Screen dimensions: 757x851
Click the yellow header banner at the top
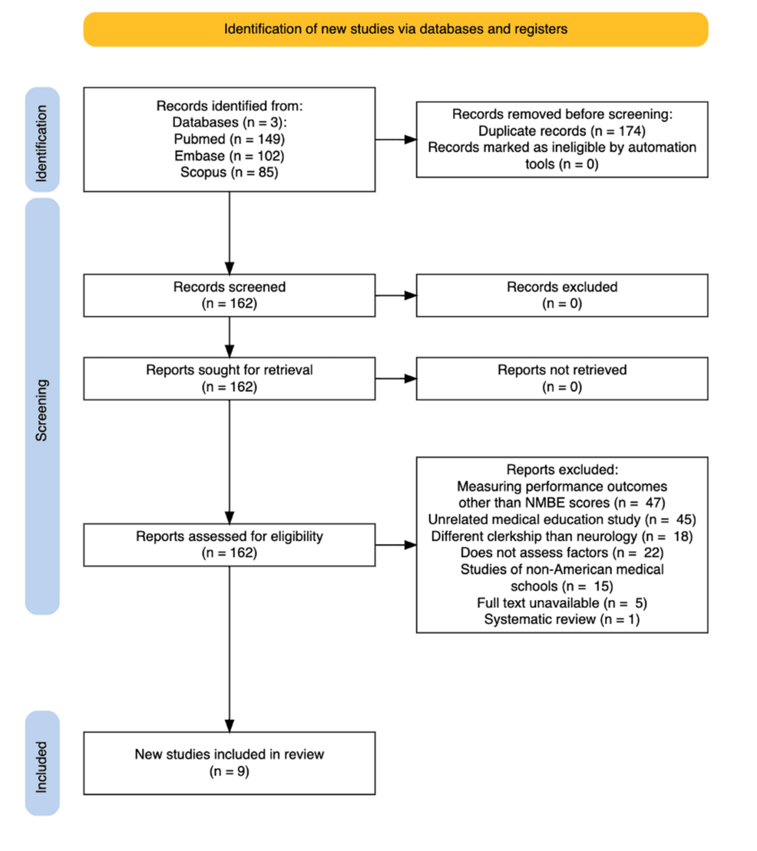(395, 29)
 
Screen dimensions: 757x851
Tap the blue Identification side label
(42, 140)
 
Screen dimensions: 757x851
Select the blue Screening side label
(42, 406)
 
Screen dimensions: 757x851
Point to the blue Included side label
(42, 763)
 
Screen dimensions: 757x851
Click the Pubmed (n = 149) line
(229, 140)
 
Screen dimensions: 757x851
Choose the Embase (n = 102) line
(229, 157)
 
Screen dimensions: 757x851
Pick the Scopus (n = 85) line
(229, 173)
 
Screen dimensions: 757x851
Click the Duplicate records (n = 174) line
(562, 131)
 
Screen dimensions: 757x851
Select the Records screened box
(229, 295)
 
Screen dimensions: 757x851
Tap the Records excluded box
(562, 295)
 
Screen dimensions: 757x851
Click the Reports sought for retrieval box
(229, 378)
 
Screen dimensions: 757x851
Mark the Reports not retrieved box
(562, 378)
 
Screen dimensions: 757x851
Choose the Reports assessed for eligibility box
(229, 545)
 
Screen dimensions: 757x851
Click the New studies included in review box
(229, 763)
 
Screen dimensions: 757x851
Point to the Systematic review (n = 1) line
(562, 620)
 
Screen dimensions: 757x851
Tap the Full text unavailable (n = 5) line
(562, 603)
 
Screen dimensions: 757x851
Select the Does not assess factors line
(562, 553)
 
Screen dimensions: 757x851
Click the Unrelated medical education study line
(562, 520)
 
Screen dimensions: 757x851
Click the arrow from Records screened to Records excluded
(396, 295)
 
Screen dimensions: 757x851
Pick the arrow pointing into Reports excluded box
(396, 545)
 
